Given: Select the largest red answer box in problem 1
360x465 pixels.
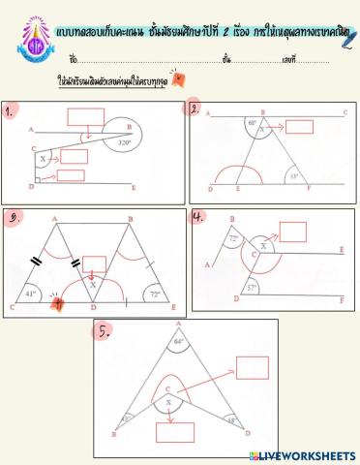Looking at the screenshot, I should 86,117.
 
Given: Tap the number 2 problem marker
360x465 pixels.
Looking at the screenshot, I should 195,108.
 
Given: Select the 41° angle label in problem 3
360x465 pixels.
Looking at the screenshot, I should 31,294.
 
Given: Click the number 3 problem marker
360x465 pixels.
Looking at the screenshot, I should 13,219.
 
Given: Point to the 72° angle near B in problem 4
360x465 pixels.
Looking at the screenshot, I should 231,237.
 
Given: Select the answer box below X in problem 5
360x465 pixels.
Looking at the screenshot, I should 176,431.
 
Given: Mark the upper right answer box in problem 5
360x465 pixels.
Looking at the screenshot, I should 252,368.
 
